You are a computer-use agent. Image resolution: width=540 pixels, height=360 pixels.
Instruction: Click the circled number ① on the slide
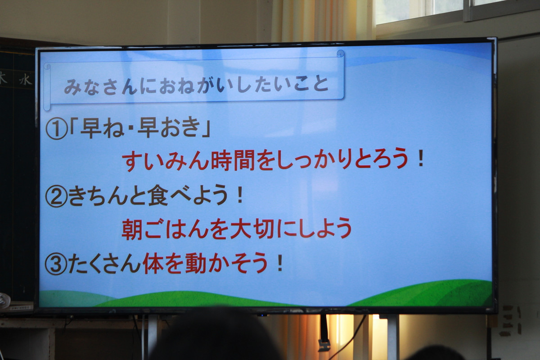(x=56, y=130)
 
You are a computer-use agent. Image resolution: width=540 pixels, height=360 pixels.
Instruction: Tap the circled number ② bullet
(x=56, y=197)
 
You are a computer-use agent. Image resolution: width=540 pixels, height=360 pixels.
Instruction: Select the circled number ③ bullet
(x=56, y=265)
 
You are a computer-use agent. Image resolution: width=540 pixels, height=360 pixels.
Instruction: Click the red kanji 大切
(x=252, y=229)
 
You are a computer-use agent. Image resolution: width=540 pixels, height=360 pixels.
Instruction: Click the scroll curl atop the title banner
(x=340, y=54)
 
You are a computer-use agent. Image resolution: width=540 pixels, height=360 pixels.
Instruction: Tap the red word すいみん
(x=165, y=160)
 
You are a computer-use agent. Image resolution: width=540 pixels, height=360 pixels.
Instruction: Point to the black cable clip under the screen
(x=324, y=345)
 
